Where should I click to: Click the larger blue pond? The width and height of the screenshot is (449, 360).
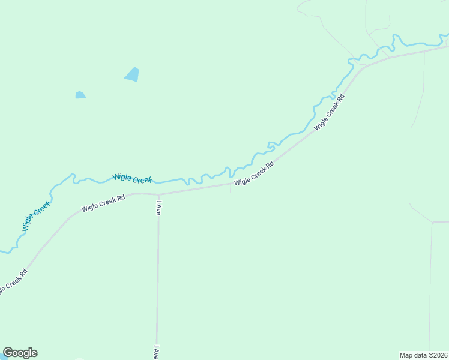click(x=132, y=74)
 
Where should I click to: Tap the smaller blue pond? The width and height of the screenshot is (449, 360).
click(x=80, y=95)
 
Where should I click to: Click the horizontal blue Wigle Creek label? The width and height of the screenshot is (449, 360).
click(x=132, y=178)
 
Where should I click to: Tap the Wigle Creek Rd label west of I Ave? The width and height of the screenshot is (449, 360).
click(x=103, y=203)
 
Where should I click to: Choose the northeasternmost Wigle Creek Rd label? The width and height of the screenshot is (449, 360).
click(x=330, y=112)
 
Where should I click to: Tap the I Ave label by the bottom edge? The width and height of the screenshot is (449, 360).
click(x=156, y=352)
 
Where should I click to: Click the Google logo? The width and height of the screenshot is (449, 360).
click(x=20, y=353)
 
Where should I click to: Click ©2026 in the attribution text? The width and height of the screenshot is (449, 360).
click(x=437, y=355)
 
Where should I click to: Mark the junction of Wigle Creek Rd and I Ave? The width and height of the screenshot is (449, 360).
click(x=158, y=194)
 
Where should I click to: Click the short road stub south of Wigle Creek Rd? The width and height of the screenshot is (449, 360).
click(x=231, y=188)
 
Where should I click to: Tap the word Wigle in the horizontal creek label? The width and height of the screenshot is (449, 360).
click(x=122, y=176)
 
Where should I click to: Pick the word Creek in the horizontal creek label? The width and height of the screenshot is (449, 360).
click(x=142, y=179)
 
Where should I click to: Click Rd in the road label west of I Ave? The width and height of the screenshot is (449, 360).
click(x=121, y=197)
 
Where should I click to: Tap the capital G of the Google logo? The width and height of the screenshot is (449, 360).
click(x=8, y=353)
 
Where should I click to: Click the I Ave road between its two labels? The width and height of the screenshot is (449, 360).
click(x=157, y=276)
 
